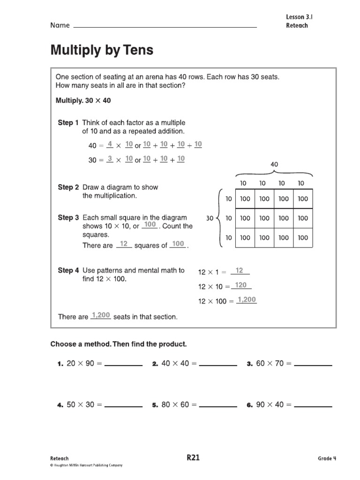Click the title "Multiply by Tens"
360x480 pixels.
point(102,50)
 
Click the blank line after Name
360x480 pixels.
point(165,26)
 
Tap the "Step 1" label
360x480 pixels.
point(68,123)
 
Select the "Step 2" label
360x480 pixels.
point(68,187)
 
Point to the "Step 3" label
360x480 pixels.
point(68,217)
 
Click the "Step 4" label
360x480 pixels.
point(68,270)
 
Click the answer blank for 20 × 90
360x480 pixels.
point(123,364)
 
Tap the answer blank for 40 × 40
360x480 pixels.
point(218,364)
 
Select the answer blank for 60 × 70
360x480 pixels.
point(313,364)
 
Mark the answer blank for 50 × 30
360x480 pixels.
point(123,405)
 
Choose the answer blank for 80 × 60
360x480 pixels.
point(218,405)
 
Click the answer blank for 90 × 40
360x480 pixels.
point(313,405)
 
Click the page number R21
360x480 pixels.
point(193,458)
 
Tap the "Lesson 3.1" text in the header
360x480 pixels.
point(299,17)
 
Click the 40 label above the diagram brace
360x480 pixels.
point(274,165)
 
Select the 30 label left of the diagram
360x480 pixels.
point(210,218)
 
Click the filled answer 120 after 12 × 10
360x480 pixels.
point(240,285)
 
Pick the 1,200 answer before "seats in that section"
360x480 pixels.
point(100,315)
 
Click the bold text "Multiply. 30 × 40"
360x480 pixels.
point(83,101)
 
